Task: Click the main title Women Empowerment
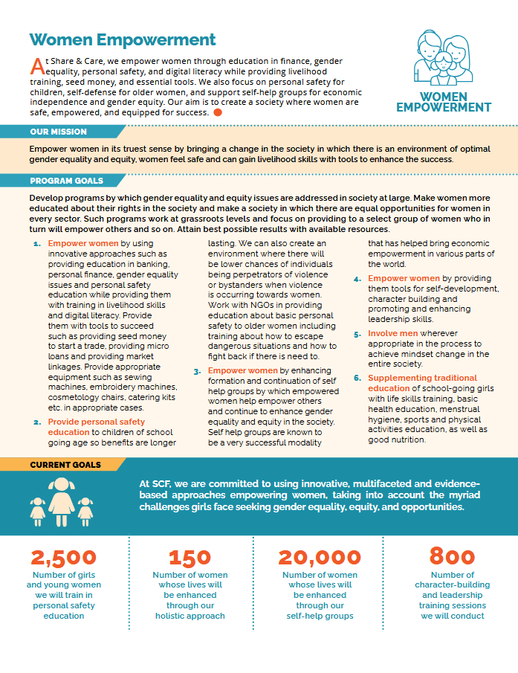123,40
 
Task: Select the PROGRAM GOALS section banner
66,181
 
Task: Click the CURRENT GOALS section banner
65,465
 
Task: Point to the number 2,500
64,558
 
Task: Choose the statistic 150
190,558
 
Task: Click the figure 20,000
320,558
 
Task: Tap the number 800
452,558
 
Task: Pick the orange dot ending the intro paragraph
218,112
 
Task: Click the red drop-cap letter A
35,62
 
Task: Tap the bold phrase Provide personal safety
97,422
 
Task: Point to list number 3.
197,370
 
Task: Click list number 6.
357,378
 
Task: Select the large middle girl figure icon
61,497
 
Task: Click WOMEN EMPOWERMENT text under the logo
444,102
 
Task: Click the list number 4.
357,279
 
